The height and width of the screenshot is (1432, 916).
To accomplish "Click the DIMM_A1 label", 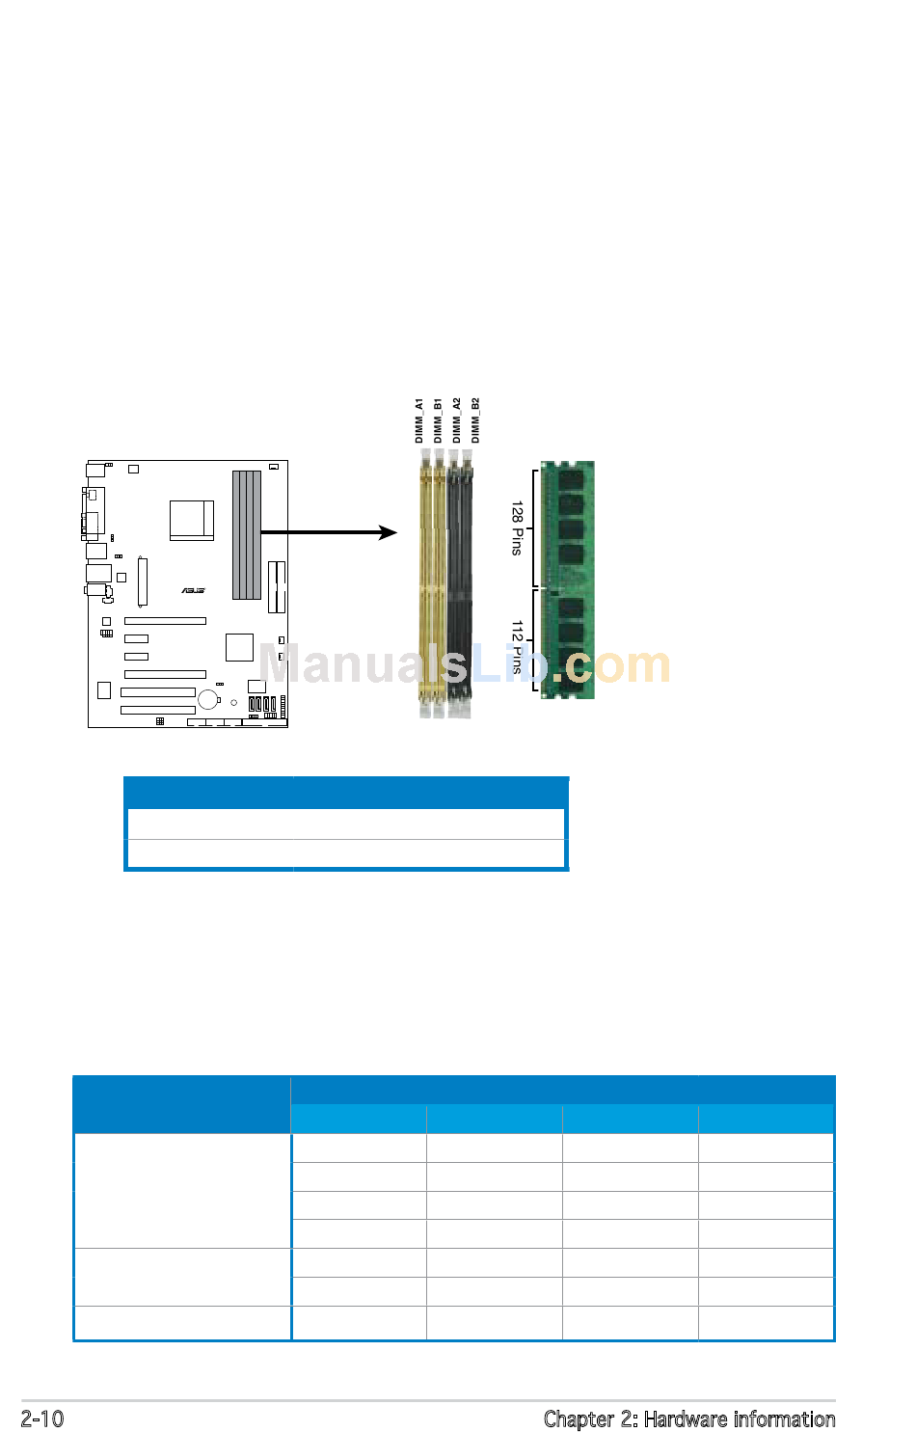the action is [419, 420].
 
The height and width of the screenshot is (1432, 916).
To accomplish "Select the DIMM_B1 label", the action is [438, 420].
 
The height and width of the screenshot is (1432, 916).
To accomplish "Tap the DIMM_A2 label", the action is [457, 420].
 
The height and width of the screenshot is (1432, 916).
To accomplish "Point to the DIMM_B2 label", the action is [475, 420].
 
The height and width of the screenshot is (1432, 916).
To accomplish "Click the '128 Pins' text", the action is [517, 528].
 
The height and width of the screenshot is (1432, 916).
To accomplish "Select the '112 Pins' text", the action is [517, 646].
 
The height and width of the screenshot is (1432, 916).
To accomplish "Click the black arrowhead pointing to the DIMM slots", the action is [389, 532].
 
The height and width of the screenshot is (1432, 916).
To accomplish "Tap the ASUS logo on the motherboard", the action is [193, 590].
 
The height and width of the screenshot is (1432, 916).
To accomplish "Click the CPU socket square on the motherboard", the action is [192, 521].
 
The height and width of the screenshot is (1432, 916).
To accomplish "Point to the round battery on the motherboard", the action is [208, 699].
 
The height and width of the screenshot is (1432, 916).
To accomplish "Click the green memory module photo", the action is [568, 579].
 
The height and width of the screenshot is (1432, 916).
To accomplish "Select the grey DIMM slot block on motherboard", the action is [247, 534].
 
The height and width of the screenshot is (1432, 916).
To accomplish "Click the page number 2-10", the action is [42, 1418].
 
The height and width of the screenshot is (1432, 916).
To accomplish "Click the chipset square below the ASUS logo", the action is [239, 647].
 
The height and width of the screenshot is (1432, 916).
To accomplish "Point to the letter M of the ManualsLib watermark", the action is [283, 664].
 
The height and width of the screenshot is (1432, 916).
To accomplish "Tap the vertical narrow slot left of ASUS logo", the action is [142, 581].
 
